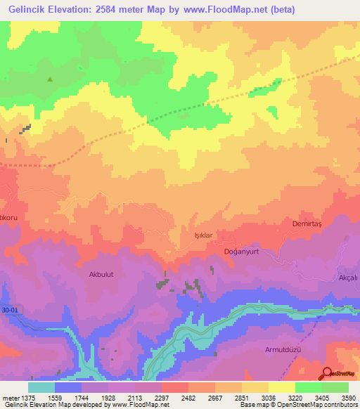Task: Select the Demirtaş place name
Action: point(306,223)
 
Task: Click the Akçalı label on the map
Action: point(348,278)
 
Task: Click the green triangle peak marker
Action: point(50,79)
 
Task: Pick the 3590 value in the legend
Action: point(348,396)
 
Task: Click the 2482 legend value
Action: point(187,396)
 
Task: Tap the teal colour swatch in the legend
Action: point(41,387)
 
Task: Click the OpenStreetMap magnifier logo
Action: point(328,373)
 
